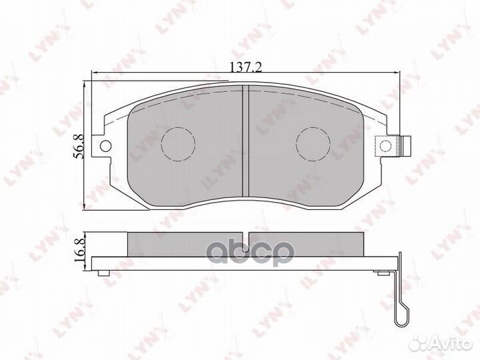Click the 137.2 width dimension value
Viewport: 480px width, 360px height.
[245, 67]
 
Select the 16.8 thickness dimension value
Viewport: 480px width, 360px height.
[79, 251]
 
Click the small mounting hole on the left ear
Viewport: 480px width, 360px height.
[105, 146]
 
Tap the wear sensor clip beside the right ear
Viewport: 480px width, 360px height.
[405, 146]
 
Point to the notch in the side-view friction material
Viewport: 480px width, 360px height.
[245, 243]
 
